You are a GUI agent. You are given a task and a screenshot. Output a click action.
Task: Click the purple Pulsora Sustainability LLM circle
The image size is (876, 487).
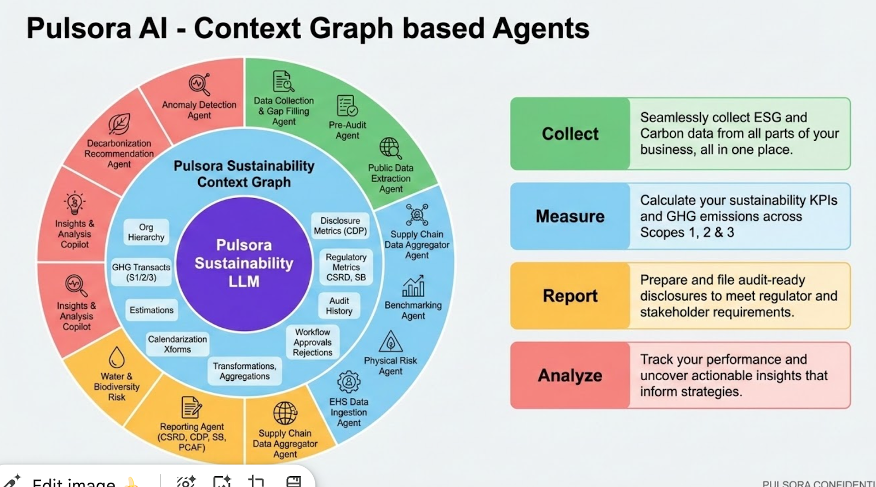coord(244,263)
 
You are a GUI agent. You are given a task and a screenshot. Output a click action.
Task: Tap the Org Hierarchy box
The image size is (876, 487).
coord(146,232)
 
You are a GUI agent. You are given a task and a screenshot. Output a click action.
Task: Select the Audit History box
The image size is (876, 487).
coord(339,306)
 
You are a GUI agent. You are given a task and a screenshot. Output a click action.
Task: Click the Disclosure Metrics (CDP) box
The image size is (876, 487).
coord(340,225)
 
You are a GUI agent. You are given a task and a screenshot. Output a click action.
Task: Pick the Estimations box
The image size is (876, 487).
coord(151,310)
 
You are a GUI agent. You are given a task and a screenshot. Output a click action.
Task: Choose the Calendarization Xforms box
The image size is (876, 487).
coord(177,344)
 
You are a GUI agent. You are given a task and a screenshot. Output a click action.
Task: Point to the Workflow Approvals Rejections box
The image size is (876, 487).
coord(313,343)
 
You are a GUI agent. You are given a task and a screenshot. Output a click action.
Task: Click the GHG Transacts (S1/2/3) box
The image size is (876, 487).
coord(141,272)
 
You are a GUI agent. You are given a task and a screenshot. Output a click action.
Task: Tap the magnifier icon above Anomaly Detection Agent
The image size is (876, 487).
coord(199,84)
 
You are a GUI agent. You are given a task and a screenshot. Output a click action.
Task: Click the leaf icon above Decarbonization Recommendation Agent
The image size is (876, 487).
coord(119,124)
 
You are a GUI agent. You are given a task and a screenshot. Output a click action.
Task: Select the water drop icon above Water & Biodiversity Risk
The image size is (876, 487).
coord(117,358)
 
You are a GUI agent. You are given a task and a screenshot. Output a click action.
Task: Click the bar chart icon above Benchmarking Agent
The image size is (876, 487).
coord(413,286)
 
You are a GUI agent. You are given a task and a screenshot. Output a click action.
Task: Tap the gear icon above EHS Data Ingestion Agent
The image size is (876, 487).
coord(349,382)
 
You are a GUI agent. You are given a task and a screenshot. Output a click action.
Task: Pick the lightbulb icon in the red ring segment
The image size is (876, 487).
coord(74,203)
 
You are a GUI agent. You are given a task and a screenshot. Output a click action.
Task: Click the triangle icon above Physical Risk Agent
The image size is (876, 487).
coord(390,342)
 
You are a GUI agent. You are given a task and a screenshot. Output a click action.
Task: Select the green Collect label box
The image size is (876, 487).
coord(570,134)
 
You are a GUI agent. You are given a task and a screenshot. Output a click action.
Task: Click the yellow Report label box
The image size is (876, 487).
coord(570,295)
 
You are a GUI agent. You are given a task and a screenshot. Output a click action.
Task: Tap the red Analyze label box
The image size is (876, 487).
coord(570,375)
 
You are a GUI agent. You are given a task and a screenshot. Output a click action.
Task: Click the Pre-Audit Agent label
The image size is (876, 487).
coord(348,130)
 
